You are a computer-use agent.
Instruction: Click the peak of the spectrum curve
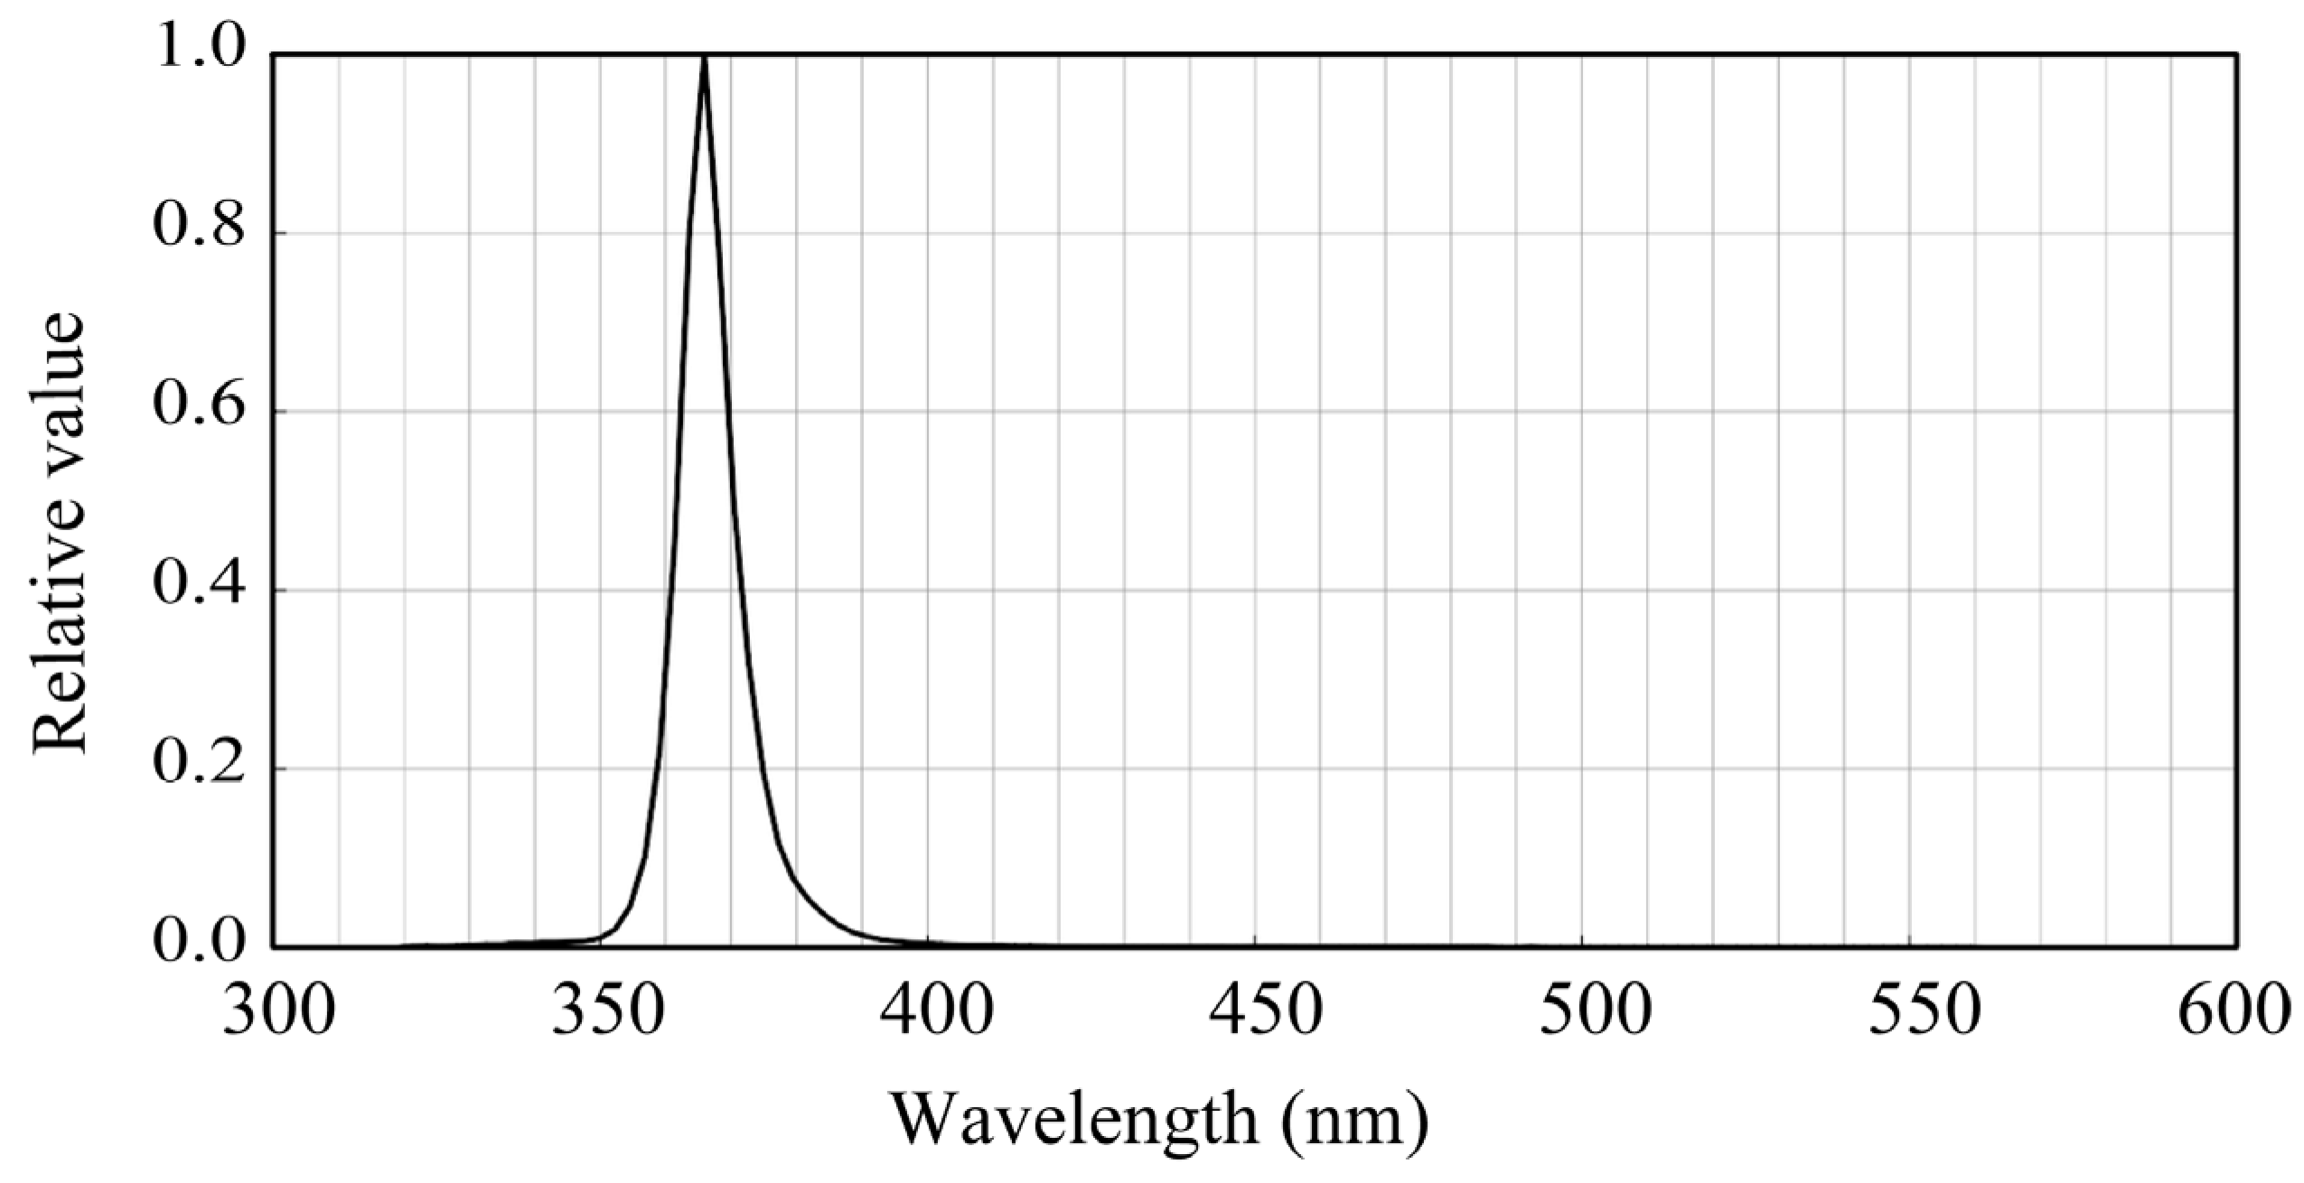[704, 60]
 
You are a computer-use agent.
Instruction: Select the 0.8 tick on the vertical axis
[199, 228]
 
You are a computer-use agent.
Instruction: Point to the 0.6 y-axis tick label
[199, 406]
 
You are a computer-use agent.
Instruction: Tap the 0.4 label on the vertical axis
[199, 585]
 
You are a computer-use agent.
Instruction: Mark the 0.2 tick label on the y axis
[199, 764]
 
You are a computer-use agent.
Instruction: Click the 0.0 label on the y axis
[199, 942]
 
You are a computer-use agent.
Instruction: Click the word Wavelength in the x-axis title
[1075, 1120]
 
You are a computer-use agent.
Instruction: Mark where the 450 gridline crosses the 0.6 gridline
[1256, 411]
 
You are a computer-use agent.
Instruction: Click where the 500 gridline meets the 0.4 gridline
[1583, 590]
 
